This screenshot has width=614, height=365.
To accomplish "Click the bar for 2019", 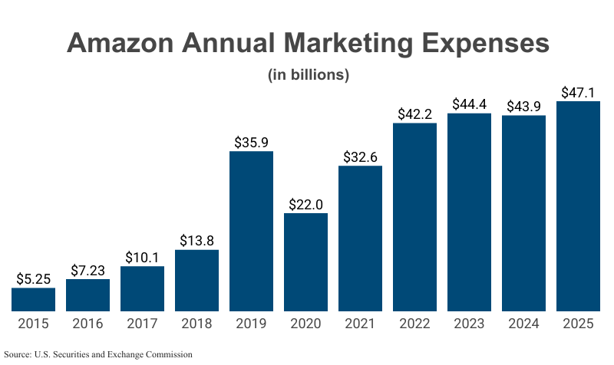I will [252, 231].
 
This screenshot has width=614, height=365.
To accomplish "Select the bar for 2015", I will [33, 299].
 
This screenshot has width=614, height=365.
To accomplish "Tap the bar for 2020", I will [306, 261].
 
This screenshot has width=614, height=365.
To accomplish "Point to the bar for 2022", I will [414, 217].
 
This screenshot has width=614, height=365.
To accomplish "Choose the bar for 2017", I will [142, 288].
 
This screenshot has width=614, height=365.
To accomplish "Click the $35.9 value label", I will [252, 142].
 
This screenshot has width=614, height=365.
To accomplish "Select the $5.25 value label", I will [33, 278].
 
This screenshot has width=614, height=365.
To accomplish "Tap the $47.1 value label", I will [578, 92].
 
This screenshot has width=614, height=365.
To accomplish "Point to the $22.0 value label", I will [306, 204].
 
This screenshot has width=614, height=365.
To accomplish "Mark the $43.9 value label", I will [523, 106].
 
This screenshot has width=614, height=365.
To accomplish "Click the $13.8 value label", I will [197, 241].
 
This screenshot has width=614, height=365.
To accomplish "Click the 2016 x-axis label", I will [87, 324].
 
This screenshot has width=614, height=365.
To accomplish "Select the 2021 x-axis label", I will [360, 324].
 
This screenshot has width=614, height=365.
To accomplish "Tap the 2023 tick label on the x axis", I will [469, 324].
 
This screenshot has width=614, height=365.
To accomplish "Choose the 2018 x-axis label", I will [197, 324].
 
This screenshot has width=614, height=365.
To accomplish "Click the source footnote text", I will [97, 354].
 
